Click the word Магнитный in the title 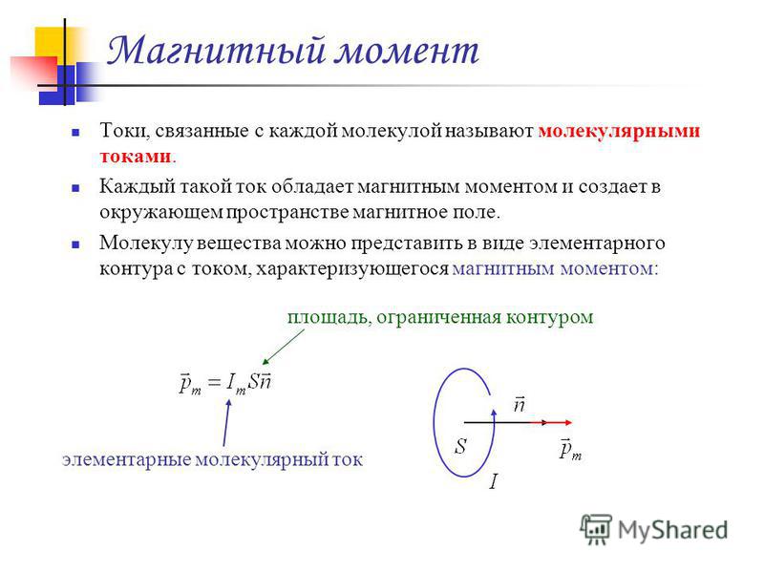(x=217, y=51)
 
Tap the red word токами (x=136, y=157)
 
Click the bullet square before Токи (x=75, y=132)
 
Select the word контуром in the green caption (x=550, y=318)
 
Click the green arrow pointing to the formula (x=283, y=347)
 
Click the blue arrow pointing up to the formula (x=226, y=422)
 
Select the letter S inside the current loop (x=460, y=446)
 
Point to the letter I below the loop (x=493, y=482)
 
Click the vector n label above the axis (x=520, y=404)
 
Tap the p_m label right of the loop (x=570, y=449)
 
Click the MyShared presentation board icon (x=595, y=529)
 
